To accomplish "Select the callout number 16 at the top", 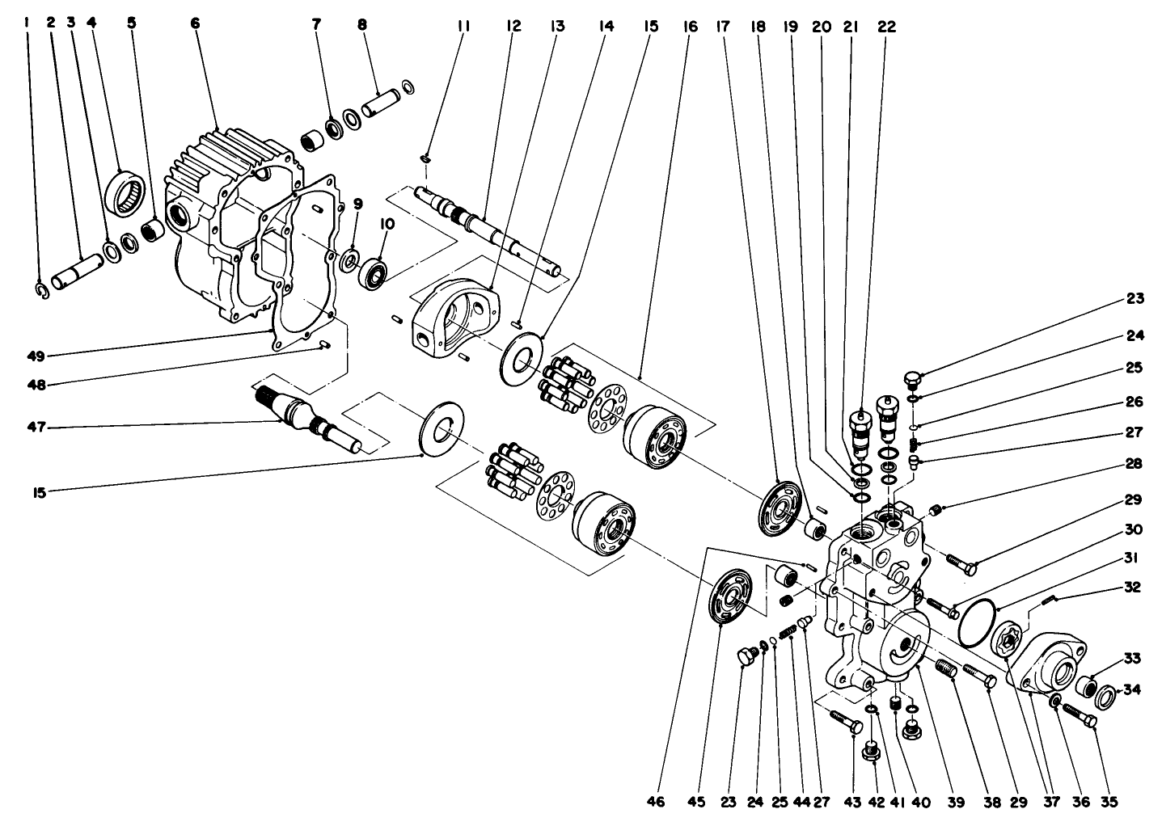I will tap(690, 26).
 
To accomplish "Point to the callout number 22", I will tap(887, 26).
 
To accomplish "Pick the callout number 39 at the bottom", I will tap(956, 803).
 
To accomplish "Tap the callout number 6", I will tap(195, 23).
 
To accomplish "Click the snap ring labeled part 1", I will tap(43, 289).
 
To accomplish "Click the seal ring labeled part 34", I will tap(1106, 693).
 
